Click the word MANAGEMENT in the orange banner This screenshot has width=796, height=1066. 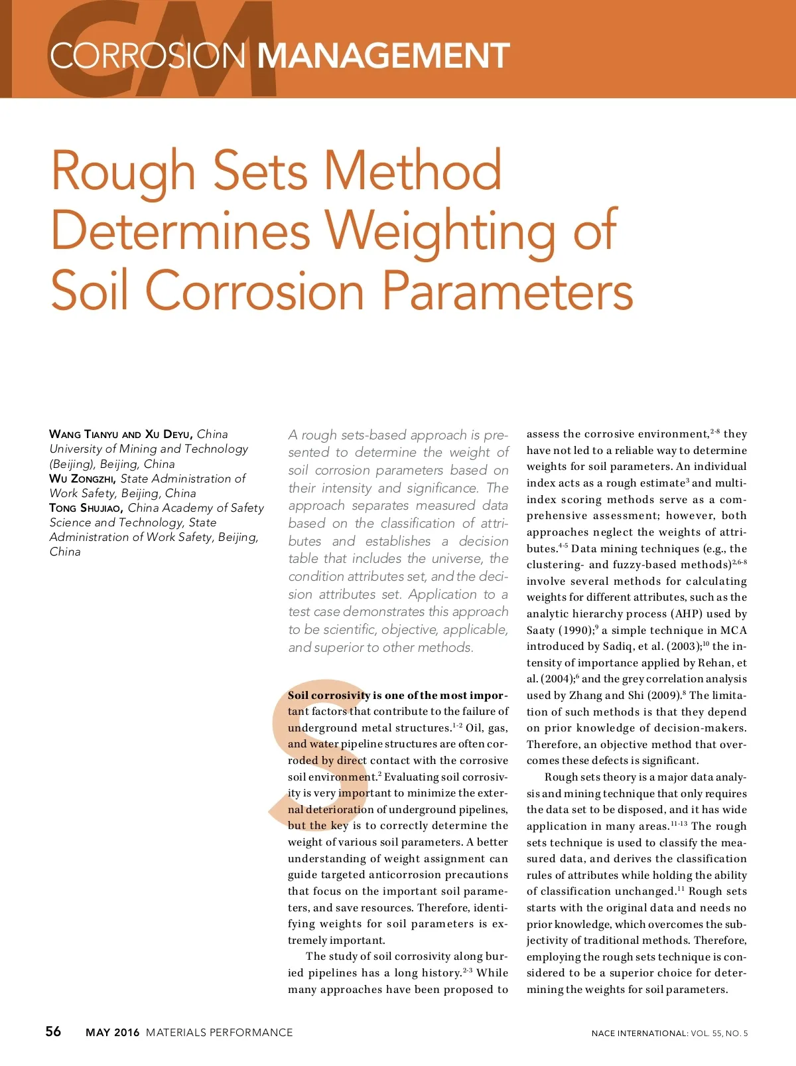(383, 56)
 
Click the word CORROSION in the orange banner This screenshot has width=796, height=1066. (148, 56)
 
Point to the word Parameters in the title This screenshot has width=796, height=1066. (508, 291)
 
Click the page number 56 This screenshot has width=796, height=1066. (53, 1031)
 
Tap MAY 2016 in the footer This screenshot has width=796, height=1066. (113, 1032)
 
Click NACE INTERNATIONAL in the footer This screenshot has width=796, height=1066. (639, 1033)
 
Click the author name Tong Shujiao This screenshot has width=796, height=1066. (86, 508)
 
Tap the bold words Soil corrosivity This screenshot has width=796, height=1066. (328, 696)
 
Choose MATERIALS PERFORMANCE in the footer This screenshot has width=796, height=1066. (219, 1032)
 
